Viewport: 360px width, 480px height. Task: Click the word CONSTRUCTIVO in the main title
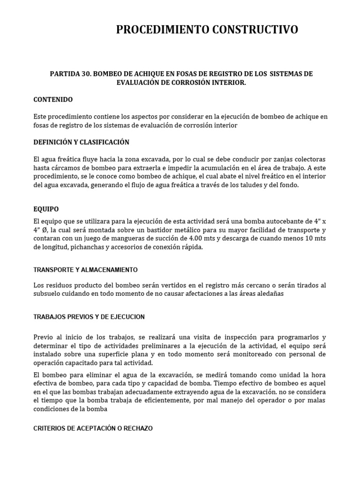click(x=253, y=30)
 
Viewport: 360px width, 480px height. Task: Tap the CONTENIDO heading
click(x=53, y=99)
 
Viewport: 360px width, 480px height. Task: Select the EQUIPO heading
click(x=46, y=209)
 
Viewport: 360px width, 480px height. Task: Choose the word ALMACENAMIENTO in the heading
click(x=109, y=270)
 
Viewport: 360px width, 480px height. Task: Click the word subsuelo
click(x=49, y=294)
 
